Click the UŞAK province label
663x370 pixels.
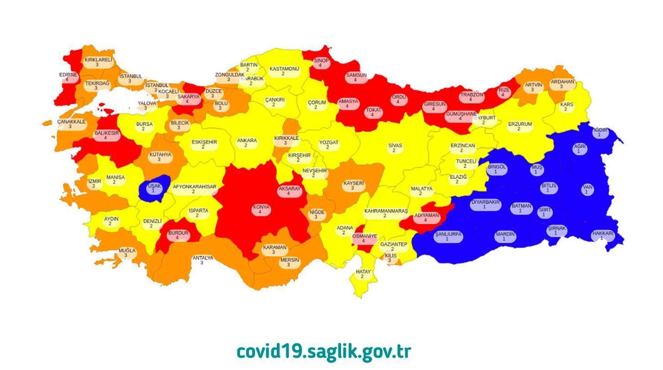[154, 188]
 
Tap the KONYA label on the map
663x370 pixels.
[261, 210]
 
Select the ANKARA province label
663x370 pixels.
[247, 143]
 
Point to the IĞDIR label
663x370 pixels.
[600, 132]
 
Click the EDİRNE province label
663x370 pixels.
[68, 77]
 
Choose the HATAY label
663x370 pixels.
[363, 274]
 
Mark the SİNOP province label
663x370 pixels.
[321, 63]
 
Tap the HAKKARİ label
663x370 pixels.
[602, 236]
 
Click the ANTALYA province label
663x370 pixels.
[202, 260]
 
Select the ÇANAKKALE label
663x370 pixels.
[71, 124]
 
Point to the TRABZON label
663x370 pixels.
[471, 97]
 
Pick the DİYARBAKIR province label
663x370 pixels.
[485, 204]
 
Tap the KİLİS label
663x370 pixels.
[391, 258]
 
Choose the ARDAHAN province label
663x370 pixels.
[562, 84]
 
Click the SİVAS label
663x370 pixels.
[395, 148]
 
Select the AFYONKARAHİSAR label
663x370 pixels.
[194, 189]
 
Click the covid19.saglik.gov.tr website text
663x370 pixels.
[324, 352]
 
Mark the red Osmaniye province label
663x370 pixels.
[364, 238]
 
